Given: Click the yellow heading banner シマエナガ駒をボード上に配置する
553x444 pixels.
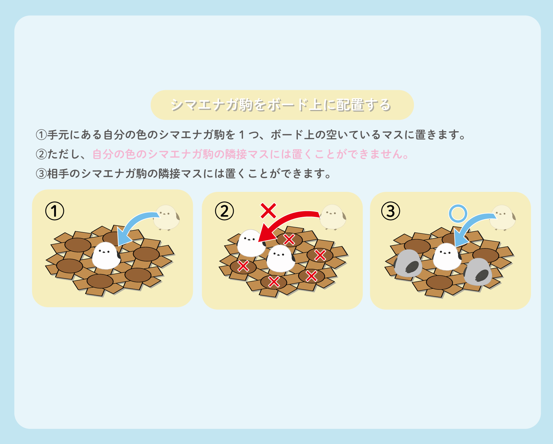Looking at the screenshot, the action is [282, 105].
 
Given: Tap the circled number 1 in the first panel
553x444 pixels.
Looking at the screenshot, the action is [55, 211].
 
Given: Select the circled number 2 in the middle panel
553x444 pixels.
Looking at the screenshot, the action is [224, 211].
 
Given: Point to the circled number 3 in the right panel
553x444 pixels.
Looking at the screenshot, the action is [391, 211].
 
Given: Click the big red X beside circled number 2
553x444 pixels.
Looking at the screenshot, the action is [268, 211].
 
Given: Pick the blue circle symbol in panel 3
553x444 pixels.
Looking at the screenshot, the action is [458, 214].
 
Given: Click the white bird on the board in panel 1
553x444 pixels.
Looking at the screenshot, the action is [106, 256].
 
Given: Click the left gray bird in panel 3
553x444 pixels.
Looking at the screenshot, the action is [408, 263].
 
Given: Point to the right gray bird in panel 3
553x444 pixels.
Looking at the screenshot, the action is [478, 272].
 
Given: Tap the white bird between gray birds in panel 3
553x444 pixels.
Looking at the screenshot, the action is [447, 257].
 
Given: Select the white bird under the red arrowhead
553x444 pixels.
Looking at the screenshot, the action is [251, 243].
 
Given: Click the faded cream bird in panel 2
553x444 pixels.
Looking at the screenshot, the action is [333, 217].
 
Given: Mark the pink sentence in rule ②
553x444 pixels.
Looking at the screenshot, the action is [251, 154].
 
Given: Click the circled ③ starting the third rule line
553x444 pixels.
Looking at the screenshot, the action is [41, 174].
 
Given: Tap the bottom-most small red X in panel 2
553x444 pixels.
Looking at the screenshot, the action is [274, 282].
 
